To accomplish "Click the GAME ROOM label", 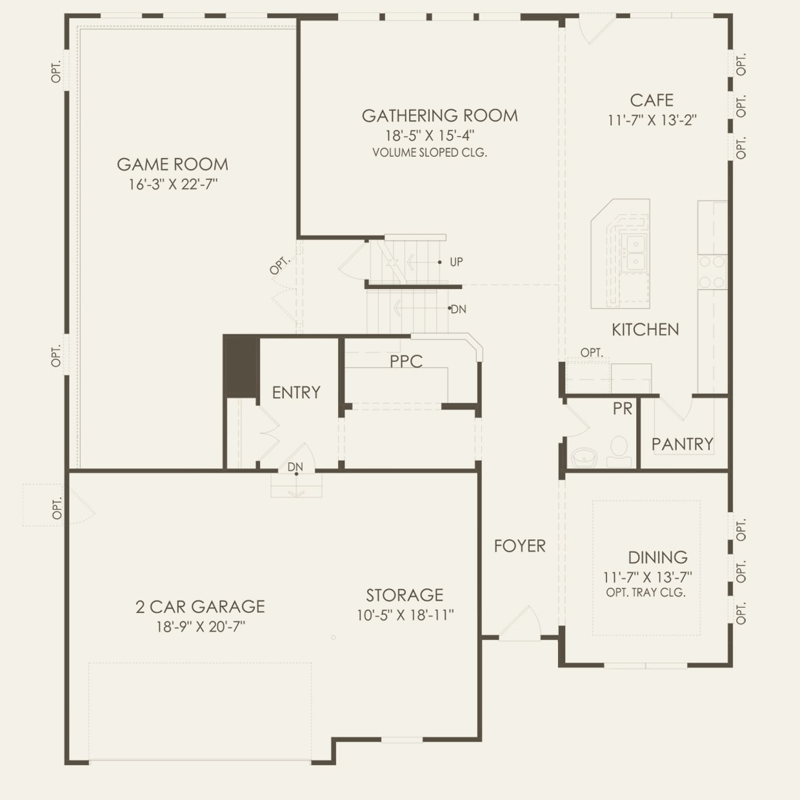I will pos(172,165).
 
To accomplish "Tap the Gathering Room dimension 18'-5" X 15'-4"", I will pos(430,135).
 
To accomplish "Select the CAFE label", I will pos(652,101).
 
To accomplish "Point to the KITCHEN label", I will pos(645,330).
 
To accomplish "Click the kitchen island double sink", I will pos(635,252).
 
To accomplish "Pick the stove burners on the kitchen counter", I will pos(713,272).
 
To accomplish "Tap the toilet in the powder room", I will pos(619,450).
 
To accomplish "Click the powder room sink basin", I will pos(585,457).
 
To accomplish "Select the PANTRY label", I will pos(682,444).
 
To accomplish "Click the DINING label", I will pos(657,557).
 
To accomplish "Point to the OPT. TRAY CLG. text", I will pos(646,592).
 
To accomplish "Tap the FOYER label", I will pos(519,546).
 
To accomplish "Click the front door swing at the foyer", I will pos(521,624).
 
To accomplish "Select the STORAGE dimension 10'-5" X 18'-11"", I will pos(405,615).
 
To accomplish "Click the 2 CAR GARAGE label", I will pos(200,606).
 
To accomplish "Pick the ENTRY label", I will pos(296,392).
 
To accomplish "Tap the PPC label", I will pos(406,361).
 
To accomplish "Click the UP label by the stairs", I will pos(456,262).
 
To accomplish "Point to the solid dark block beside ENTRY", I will pos(241,366).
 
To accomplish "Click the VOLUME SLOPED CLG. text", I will pos(430,153).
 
